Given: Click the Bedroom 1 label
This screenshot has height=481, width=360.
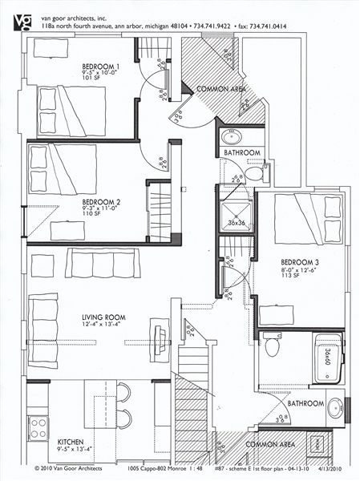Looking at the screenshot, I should pos(101,66).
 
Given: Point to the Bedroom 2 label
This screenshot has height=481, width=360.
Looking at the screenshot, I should pos(101,201).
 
